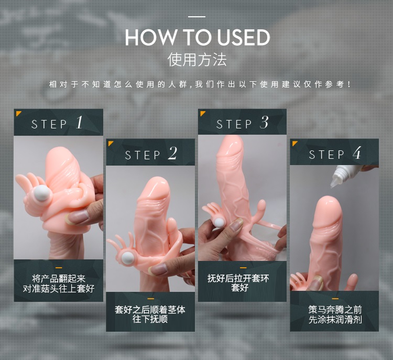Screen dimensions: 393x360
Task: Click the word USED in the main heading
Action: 243,37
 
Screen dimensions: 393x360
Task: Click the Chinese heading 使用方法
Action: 197,60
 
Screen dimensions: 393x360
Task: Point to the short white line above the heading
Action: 196,17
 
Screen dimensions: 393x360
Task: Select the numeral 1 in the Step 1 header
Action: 79,123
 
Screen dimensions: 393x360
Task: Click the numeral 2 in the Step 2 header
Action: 173,153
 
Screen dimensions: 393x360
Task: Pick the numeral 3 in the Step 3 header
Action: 264,123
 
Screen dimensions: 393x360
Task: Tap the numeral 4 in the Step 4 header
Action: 357,152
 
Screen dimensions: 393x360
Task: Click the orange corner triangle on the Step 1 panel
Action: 18,113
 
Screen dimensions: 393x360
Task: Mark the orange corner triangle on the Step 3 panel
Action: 202,113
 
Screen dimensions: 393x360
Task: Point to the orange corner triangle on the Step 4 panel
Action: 294,143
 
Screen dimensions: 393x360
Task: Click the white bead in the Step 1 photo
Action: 42,193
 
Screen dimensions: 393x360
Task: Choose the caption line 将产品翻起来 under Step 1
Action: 59,279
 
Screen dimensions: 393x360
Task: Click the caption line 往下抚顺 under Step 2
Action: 150,319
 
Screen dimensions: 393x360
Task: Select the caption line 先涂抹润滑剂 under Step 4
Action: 335,320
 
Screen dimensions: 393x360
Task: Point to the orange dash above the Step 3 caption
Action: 243,268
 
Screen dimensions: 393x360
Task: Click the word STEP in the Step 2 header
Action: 143,155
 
